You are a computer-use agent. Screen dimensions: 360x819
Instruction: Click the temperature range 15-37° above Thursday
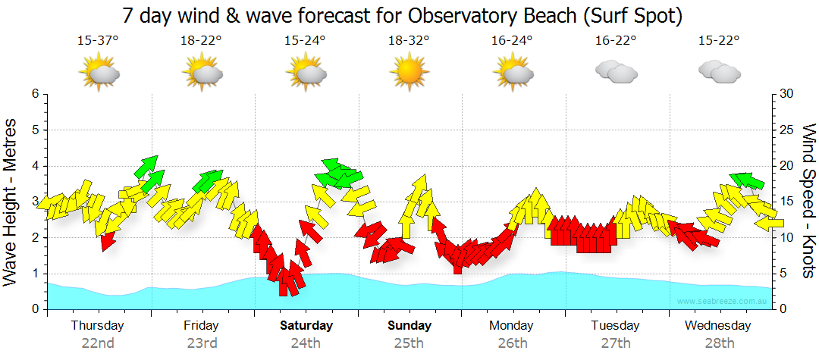(98, 41)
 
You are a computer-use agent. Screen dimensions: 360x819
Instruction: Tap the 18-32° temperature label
(409, 41)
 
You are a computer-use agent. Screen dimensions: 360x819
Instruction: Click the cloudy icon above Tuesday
(615, 72)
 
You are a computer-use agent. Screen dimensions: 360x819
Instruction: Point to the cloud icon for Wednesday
(719, 72)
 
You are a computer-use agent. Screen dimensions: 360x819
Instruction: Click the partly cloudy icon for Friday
(202, 72)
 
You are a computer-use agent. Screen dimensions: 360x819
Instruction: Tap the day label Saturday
(306, 326)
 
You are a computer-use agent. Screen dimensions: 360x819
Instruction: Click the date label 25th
(409, 343)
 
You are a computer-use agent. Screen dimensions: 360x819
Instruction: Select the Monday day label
(512, 326)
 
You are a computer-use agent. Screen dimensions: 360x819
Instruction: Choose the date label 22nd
(98, 343)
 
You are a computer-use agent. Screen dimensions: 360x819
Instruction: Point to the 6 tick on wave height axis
(35, 94)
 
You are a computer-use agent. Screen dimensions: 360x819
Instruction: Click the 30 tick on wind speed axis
(786, 94)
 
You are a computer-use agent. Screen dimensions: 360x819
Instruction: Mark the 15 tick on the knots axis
(786, 202)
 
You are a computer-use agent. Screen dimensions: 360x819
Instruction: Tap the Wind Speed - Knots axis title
(808, 201)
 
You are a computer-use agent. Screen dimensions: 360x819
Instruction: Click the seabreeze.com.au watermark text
(723, 302)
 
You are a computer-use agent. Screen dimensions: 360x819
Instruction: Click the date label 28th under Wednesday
(719, 343)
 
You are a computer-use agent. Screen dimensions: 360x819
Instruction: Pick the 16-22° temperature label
(615, 41)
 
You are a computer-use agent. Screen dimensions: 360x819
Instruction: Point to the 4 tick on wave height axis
(35, 166)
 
